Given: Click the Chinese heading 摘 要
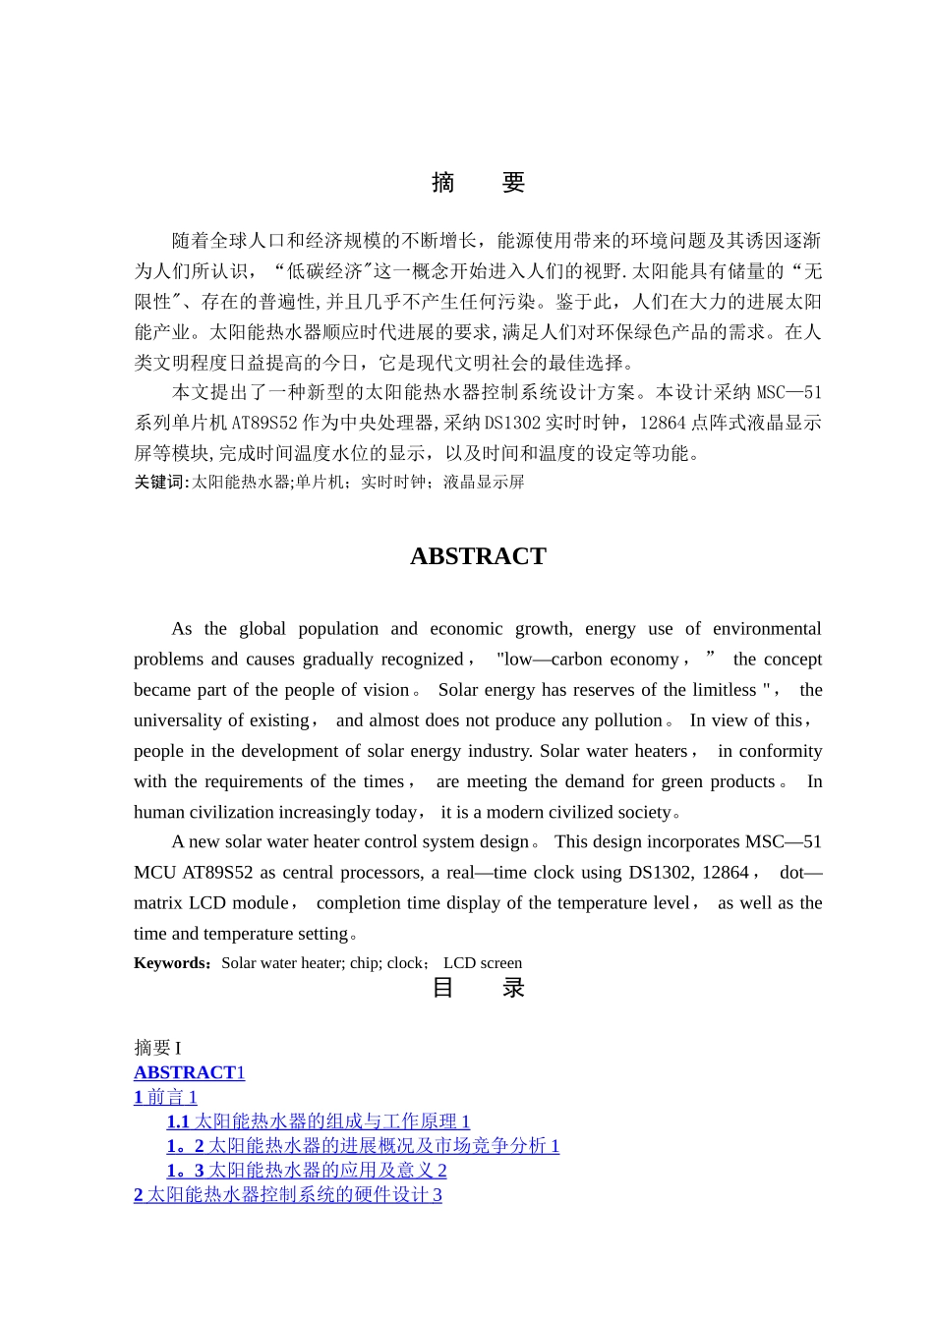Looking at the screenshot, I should (478, 183).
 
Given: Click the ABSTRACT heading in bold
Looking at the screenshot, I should (478, 556).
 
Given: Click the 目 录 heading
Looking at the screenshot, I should (478, 988).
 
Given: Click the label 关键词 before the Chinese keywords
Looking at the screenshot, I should (158, 482).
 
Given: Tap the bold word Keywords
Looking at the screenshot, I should (171, 963).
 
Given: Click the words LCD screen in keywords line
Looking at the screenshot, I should (483, 963).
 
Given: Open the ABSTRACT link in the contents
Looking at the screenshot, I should (189, 1072).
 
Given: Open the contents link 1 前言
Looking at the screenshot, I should (165, 1097).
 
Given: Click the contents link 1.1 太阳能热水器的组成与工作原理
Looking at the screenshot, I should (318, 1121).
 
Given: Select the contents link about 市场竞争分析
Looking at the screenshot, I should (363, 1146).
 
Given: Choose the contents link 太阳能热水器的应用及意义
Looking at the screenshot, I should (307, 1171).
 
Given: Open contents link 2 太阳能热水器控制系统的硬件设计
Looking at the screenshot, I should (287, 1195).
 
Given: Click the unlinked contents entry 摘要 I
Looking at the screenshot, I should (157, 1048).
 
